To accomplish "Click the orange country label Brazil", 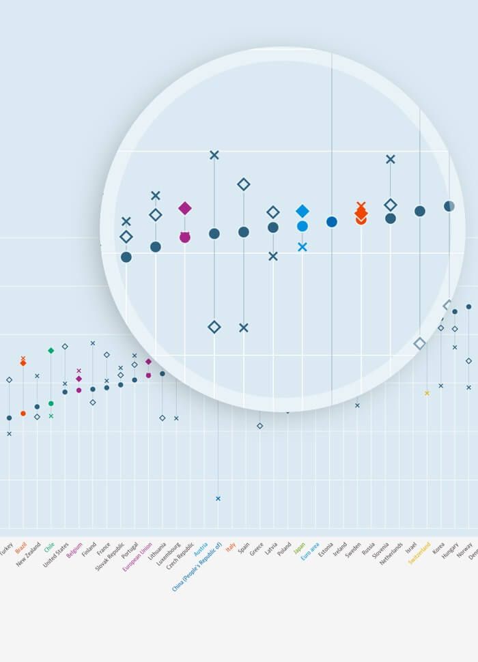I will point(21,547).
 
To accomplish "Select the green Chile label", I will point(49,547).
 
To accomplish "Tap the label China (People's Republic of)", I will point(197,566).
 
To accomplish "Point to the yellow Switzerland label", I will point(420,553).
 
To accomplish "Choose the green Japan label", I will point(300,548).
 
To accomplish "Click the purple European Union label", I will point(137,556).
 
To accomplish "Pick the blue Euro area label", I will point(310,551).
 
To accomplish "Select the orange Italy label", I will point(231,547).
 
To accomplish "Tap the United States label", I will point(56,555).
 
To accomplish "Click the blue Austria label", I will point(201,549).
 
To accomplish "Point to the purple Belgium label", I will point(74,550).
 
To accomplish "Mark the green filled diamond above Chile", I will point(51,351).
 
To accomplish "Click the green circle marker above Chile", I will point(51,403).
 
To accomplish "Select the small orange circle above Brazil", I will point(23,414).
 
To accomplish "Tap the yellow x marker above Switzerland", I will point(427,393).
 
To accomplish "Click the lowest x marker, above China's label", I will point(218,499).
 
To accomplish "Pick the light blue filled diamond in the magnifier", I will point(303,211).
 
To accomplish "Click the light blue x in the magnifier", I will point(303,246).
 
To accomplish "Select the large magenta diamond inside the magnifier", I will point(185,208).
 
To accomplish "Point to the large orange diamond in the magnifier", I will point(361,213).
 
